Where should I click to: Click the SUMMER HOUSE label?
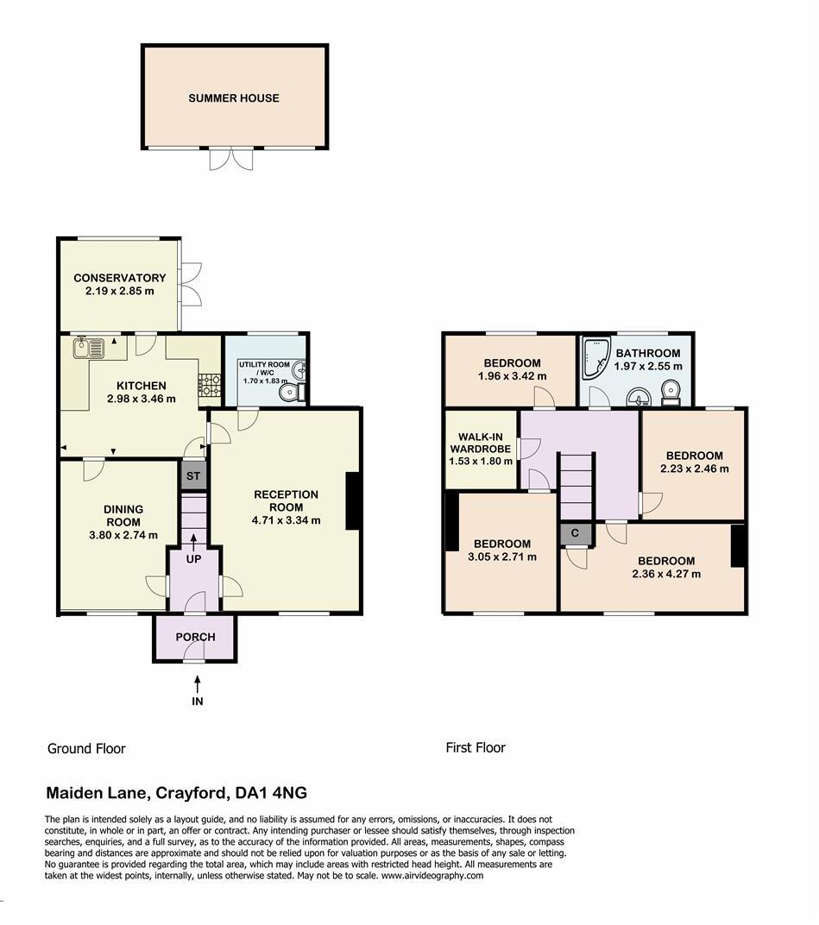[x=234, y=98]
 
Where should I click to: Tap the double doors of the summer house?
[x=232, y=158]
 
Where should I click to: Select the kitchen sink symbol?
[x=89, y=348]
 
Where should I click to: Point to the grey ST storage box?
[x=193, y=475]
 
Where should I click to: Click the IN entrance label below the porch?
[x=198, y=702]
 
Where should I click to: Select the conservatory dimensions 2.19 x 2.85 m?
[x=120, y=292]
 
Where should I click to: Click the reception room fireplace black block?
[x=353, y=500]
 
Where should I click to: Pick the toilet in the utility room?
[x=292, y=393]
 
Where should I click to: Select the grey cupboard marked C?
[x=575, y=535]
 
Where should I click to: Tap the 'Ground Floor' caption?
[x=86, y=748]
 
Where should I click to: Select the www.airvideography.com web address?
[x=432, y=875]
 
